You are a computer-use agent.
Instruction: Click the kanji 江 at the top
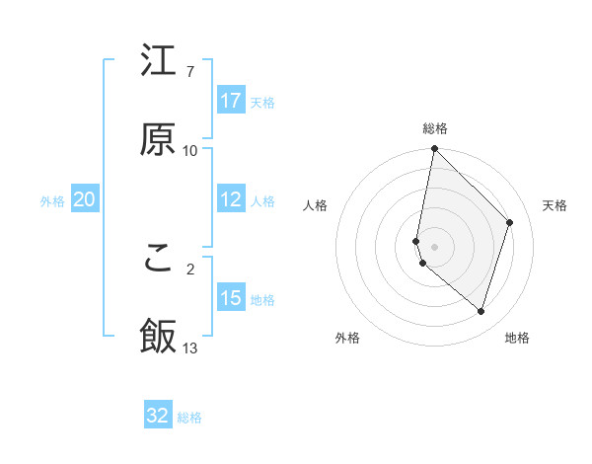158,61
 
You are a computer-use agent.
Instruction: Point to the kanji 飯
158,336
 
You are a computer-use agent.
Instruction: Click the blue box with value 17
231,101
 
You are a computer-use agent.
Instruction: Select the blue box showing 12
231,199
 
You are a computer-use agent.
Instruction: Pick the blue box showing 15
231,298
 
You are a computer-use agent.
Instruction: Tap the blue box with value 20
85,199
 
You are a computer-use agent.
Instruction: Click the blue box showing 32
158,416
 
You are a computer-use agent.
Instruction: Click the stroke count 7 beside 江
190,72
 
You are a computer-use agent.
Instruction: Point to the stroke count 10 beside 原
190,151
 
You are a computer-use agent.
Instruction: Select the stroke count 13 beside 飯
190,348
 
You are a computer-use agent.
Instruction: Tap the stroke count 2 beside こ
190,268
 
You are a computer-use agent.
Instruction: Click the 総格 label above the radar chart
435,128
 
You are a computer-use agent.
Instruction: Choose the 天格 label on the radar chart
555,205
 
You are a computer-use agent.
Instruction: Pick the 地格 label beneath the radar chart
517,339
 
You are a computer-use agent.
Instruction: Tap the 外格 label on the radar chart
347,339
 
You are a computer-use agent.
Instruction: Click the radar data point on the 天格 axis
510,222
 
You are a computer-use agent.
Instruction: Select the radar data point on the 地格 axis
481,311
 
